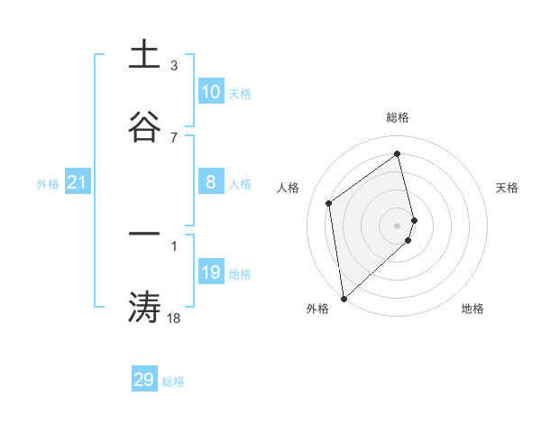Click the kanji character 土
tap(144, 54)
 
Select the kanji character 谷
tap(144, 125)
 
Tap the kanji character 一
tap(144, 234)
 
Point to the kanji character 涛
tap(144, 307)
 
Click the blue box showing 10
tap(211, 92)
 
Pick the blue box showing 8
tap(211, 182)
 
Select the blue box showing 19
tap(211, 272)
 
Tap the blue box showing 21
tap(78, 182)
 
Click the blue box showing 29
tap(144, 380)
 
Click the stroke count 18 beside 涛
tap(174, 318)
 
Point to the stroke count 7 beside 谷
tap(174, 137)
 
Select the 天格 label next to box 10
tap(240, 94)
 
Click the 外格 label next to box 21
tap(48, 184)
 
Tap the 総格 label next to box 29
tap(173, 382)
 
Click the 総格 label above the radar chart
tap(398, 117)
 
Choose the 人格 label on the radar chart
tap(289, 188)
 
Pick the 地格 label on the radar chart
tap(472, 309)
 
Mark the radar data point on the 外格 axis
tap(344, 298)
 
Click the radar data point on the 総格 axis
tap(398, 152)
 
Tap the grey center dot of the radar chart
tap(398, 224)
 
